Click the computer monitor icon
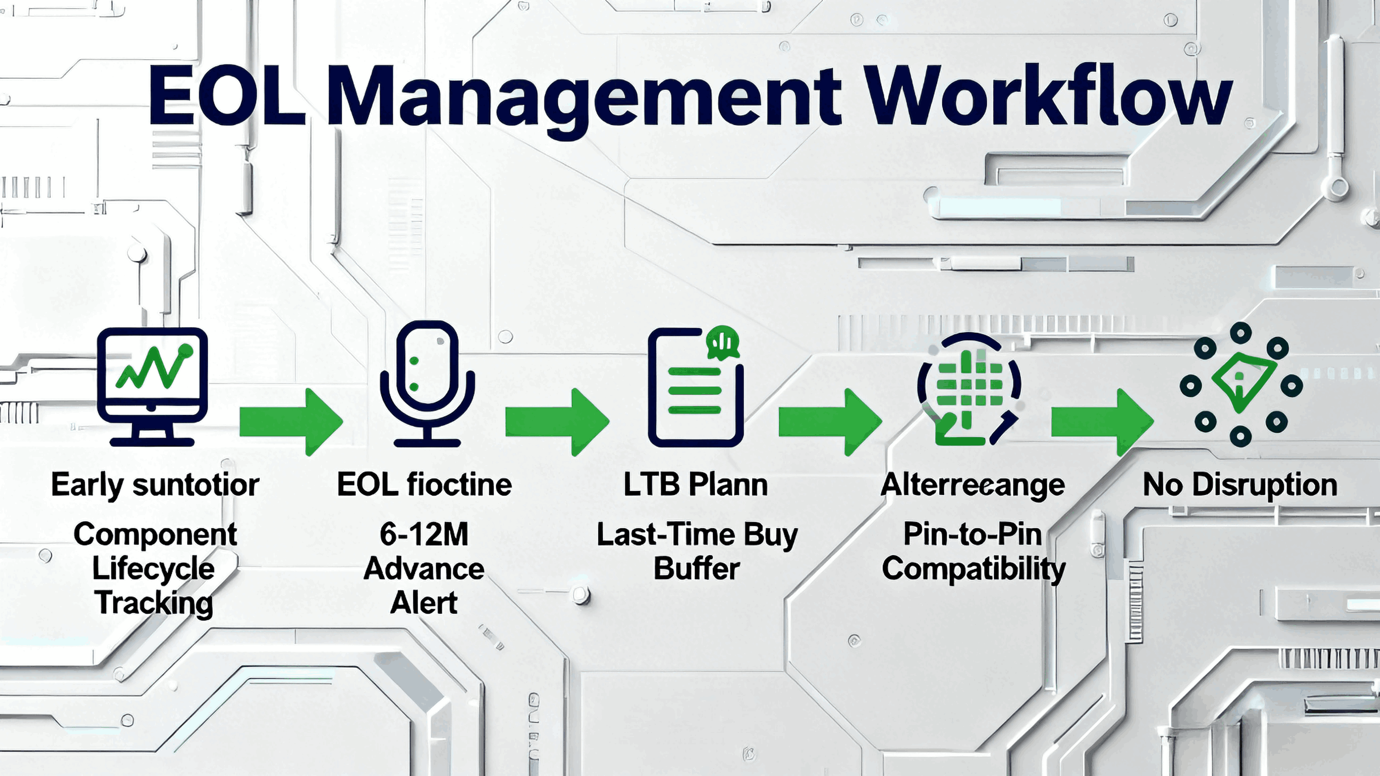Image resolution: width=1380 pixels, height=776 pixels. tap(152, 386)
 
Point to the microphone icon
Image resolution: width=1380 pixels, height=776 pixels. tap(427, 383)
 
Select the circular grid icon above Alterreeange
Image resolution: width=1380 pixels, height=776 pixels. tap(969, 389)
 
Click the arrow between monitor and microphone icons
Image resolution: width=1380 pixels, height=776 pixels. tap(291, 422)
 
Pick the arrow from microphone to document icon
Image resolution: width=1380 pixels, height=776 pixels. tap(557, 422)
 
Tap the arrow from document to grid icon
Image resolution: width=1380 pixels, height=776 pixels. tap(830, 422)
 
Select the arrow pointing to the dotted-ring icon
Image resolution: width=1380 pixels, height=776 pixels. tap(1102, 422)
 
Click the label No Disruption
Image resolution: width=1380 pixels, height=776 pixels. tap(1239, 485)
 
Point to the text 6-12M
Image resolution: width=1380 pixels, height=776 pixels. tap(424, 534)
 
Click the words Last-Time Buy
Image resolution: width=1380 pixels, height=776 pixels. tap(697, 535)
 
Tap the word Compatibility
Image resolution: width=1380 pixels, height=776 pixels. tap(974, 569)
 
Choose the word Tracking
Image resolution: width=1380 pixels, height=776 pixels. tap(154, 603)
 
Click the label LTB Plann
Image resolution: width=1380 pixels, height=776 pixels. tap(696, 485)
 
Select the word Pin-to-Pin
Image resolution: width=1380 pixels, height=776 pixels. tap(973, 534)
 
